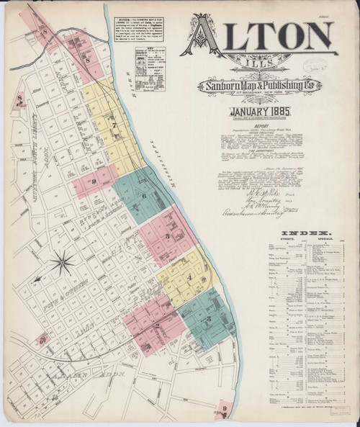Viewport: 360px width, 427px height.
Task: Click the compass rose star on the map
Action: point(66,256)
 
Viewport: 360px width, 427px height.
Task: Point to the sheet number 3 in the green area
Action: point(209,317)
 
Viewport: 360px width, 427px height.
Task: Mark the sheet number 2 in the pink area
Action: point(157,326)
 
